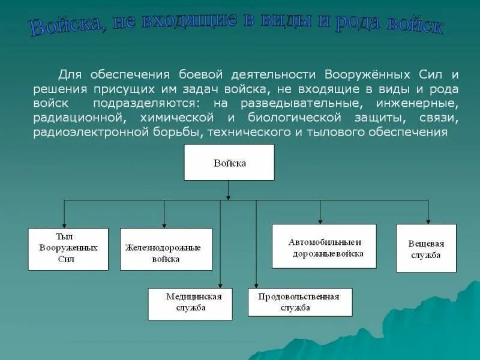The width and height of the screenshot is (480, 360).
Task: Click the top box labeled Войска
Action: click(x=229, y=162)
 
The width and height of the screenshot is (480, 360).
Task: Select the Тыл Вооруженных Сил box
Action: click(x=68, y=249)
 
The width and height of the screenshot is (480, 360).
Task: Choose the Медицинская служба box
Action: click(x=190, y=304)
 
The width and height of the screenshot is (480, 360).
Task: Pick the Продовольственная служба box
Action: click(x=300, y=302)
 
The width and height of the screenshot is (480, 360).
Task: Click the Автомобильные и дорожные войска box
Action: click(x=324, y=246)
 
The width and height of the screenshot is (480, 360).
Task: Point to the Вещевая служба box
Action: click(x=426, y=248)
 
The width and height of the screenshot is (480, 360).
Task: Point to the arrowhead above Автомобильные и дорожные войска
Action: click(x=320, y=220)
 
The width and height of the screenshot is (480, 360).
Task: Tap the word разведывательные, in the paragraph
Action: click(x=289, y=104)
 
